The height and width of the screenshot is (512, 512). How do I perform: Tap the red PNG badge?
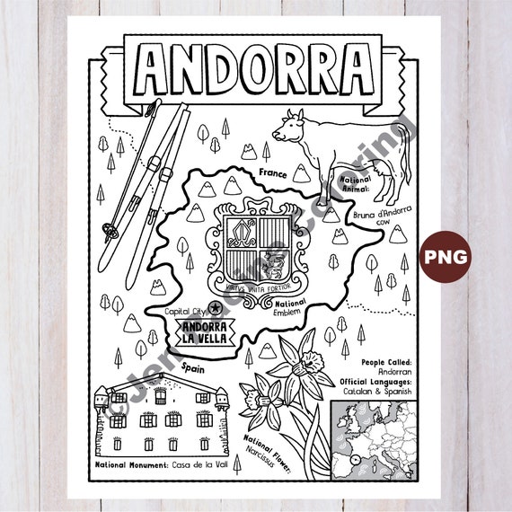[x=446, y=256]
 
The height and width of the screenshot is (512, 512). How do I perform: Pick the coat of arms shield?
[x=248, y=242]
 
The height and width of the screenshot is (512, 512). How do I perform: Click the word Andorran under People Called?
[x=377, y=370]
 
